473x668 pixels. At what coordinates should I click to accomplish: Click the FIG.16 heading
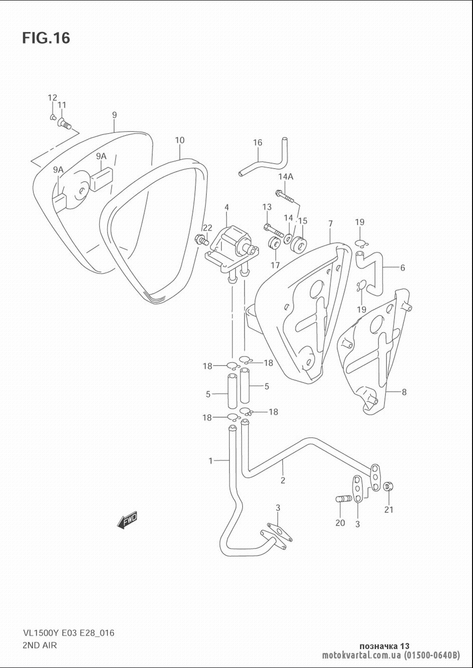[x=46, y=38]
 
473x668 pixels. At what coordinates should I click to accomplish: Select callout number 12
[x=52, y=97]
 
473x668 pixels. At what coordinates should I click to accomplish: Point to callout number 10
[x=180, y=140]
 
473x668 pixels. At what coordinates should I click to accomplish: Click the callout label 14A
[x=286, y=177]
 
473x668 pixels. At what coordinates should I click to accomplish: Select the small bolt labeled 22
[x=202, y=239]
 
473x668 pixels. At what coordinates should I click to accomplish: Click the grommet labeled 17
[x=273, y=244]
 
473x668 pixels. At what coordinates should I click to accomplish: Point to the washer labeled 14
[x=288, y=239]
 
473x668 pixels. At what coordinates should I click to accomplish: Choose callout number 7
[x=330, y=223]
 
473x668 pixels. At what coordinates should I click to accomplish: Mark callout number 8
[x=404, y=392]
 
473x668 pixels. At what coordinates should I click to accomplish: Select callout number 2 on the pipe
[x=282, y=480]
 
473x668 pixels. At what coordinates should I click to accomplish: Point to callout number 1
[x=210, y=461]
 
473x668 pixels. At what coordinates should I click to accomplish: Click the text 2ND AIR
[x=40, y=645]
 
